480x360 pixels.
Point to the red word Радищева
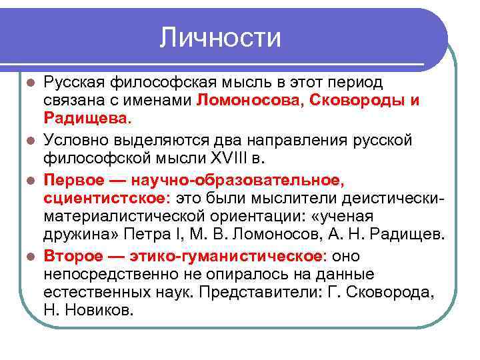click(x=87, y=119)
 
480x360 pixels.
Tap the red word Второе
click(x=72, y=256)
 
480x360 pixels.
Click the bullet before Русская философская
click(x=30, y=83)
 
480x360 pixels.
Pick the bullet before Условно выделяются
click(x=30, y=141)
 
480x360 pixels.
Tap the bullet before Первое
click(x=30, y=180)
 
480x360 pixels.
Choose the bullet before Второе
click(x=30, y=257)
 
